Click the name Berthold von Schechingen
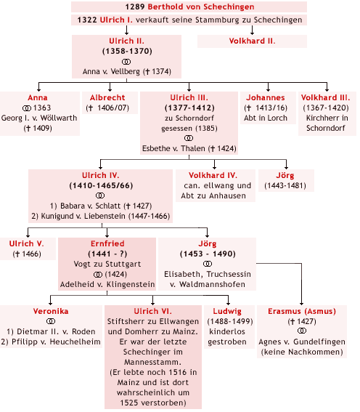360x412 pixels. coord(201,7)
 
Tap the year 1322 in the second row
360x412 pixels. coord(87,20)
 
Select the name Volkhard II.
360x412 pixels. coord(252,41)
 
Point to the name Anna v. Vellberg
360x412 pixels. coord(111,71)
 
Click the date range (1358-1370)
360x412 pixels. coord(127,51)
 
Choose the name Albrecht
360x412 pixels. coord(107,98)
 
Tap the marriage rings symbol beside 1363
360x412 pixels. coord(27,108)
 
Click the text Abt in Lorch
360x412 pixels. coord(266,118)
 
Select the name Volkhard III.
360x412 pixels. coord(326,98)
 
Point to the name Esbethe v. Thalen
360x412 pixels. coord(173,148)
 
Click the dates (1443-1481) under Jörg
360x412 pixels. coord(285,186)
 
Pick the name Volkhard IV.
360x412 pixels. coord(213,175)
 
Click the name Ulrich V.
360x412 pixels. coord(27,243)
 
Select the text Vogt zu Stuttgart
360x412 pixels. coord(107,264)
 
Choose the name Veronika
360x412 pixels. coord(51,311)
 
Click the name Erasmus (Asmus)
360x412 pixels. coord(302,311)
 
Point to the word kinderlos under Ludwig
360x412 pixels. coord(227,331)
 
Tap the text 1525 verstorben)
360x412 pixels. coord(153,403)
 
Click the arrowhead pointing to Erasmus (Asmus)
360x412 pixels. coord(302,303)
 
